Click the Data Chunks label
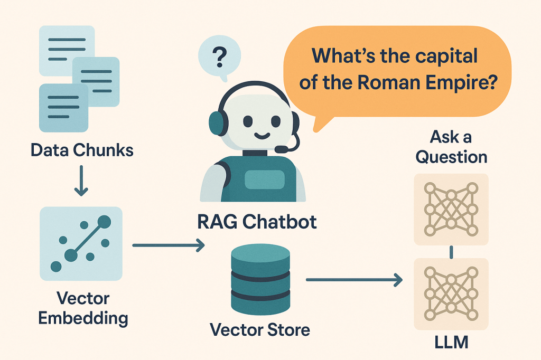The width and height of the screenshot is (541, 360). [82, 150]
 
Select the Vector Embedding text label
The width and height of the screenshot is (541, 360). [81, 308]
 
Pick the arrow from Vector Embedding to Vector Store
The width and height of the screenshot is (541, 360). [168, 245]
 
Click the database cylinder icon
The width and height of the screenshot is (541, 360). [260, 279]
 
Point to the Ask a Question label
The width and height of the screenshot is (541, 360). [451, 147]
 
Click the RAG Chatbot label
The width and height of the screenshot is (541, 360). [257, 222]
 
